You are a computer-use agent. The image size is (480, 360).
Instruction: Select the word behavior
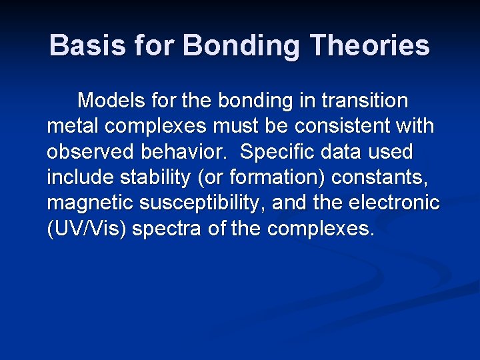point(185,152)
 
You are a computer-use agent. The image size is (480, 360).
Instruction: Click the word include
point(79,177)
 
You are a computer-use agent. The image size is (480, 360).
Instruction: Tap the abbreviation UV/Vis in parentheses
point(87,228)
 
